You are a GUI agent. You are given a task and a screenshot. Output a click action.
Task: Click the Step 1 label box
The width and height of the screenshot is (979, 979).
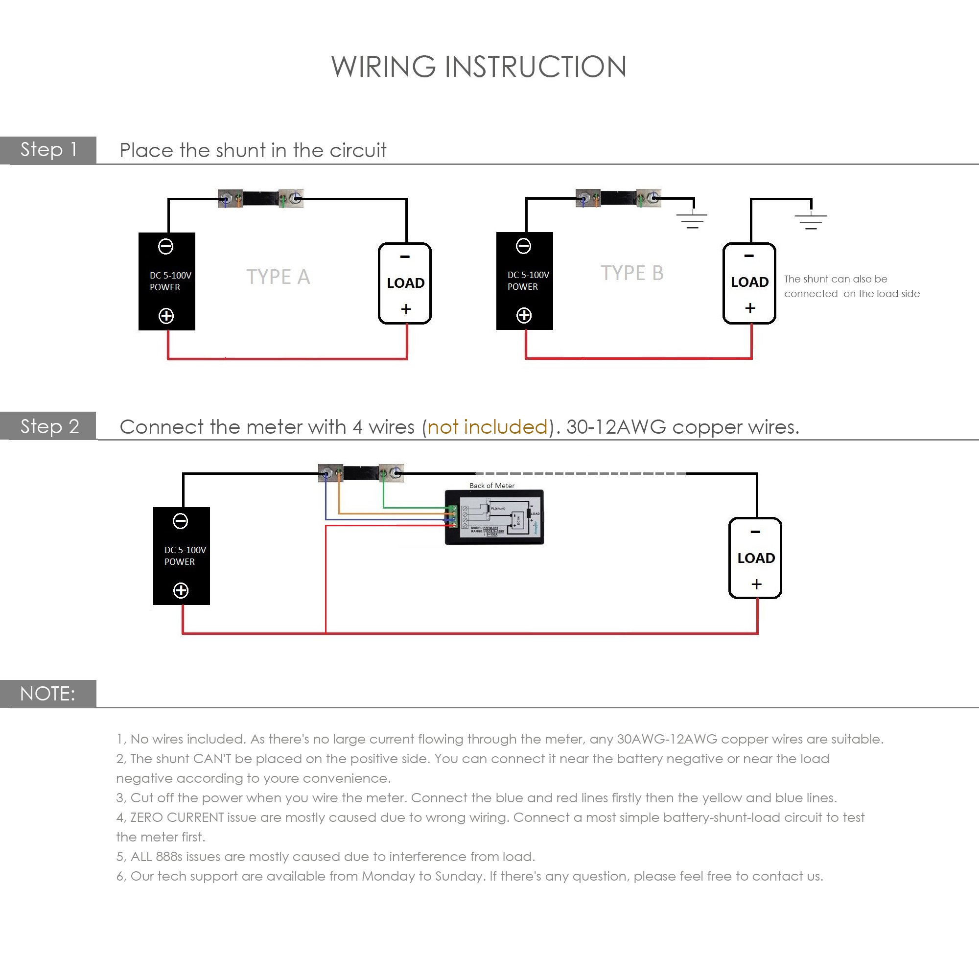click(48, 150)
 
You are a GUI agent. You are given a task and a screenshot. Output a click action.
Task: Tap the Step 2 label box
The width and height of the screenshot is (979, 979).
click(48, 426)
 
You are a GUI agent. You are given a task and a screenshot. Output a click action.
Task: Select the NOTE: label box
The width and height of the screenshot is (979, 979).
click(48, 693)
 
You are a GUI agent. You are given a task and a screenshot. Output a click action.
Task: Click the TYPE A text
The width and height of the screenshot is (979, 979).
click(278, 277)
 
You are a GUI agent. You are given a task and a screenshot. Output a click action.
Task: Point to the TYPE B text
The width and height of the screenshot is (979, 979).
click(632, 273)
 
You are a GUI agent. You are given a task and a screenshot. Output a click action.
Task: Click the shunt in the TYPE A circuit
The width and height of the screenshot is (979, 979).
click(260, 198)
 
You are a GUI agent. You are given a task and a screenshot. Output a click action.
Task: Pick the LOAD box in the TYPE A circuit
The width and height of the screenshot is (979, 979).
click(405, 283)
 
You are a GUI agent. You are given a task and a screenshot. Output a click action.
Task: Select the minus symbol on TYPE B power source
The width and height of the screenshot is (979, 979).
click(523, 246)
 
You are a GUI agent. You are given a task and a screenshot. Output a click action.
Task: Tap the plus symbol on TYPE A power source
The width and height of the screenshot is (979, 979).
click(166, 316)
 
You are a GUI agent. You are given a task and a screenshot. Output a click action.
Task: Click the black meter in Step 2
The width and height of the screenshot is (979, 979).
click(494, 517)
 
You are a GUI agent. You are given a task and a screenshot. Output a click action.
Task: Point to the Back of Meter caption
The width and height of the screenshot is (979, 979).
click(491, 486)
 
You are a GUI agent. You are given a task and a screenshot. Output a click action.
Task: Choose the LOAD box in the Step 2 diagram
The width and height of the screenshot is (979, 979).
click(755, 558)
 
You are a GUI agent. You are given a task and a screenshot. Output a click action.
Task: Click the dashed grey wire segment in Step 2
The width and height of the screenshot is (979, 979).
click(580, 473)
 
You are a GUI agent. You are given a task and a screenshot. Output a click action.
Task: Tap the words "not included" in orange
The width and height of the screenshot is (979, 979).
click(488, 427)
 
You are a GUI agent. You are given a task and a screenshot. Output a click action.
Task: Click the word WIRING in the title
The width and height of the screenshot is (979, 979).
click(383, 67)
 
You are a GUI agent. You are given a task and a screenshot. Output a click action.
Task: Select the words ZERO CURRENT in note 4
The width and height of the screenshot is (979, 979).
click(177, 817)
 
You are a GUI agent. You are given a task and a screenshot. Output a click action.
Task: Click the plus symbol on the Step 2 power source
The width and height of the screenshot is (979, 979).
click(181, 590)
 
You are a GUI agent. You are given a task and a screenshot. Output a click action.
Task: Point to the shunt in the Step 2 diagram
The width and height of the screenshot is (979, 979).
click(361, 473)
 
